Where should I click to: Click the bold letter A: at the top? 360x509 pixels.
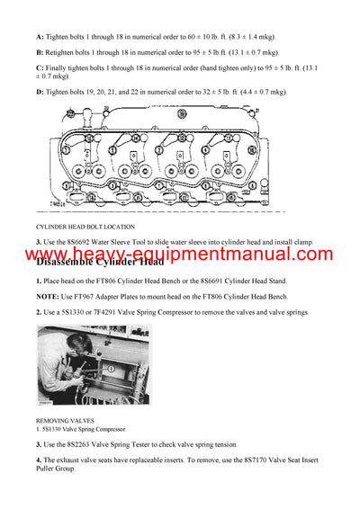click(40, 37)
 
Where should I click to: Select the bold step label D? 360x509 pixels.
click(40, 92)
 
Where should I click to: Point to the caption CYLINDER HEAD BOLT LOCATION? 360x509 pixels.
click(85, 227)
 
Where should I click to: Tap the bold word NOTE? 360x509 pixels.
click(48, 297)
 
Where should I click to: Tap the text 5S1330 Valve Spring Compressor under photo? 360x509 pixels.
click(85, 429)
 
